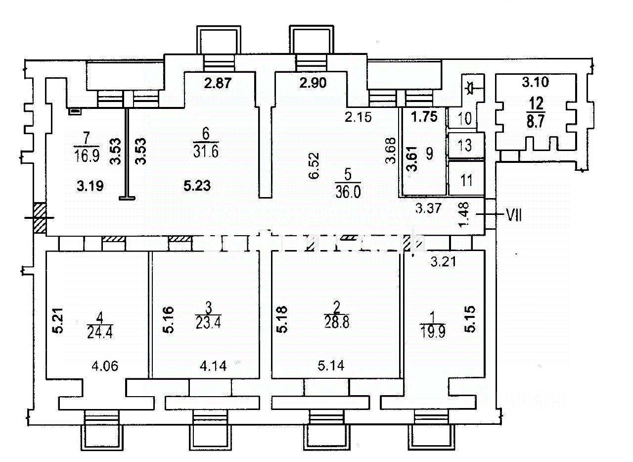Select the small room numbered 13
pos(465,146)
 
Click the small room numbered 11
pos(465,180)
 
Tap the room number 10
pos(465,119)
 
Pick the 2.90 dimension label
pos(313,84)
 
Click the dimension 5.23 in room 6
pos(197,186)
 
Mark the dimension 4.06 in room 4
pos(105,366)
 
